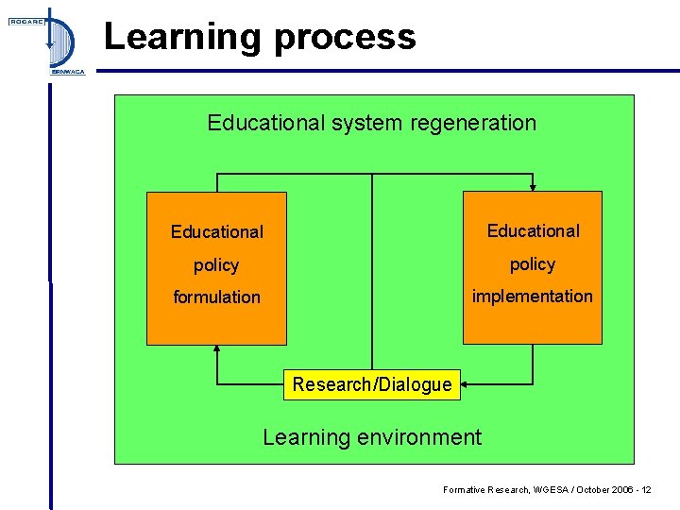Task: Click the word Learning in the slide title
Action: (167, 38)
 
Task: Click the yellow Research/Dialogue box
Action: (372, 384)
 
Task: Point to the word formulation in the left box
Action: (216, 297)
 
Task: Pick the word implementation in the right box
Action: (533, 296)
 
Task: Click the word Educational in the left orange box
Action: (216, 231)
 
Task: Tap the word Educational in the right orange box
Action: (533, 230)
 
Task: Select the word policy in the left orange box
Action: (216, 265)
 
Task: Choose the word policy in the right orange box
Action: (533, 264)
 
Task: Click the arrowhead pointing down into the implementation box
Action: (533, 187)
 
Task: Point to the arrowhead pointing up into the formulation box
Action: (217, 349)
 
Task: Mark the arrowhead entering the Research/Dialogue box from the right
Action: (466, 384)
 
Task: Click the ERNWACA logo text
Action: (66, 72)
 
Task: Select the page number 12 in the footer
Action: (645, 490)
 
